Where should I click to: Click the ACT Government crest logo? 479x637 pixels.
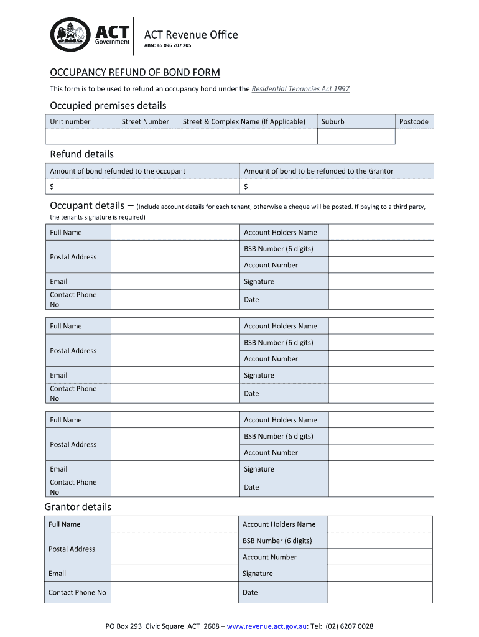click(70, 35)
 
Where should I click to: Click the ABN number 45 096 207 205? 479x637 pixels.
click(168, 46)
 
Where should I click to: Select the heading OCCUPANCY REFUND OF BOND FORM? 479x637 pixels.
click(135, 72)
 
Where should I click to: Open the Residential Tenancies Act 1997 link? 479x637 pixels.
click(300, 89)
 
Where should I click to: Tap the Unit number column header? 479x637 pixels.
click(70, 122)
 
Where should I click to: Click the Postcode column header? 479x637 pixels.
click(414, 122)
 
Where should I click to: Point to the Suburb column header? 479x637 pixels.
click(333, 122)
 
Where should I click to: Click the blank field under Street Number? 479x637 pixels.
click(148, 136)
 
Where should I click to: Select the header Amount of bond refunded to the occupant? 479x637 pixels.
click(118, 171)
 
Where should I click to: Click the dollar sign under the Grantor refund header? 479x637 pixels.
click(246, 187)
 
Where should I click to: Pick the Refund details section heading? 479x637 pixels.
click(81, 154)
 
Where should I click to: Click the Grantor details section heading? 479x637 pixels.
click(78, 507)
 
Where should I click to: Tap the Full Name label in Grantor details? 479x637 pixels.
click(65, 524)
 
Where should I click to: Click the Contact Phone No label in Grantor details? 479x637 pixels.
click(77, 592)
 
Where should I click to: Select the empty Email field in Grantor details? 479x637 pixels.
click(175, 574)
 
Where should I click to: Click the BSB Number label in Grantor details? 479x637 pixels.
click(277, 541)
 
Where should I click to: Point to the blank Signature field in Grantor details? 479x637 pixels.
click(379, 574)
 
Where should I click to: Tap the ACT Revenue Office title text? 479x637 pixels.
click(191, 35)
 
